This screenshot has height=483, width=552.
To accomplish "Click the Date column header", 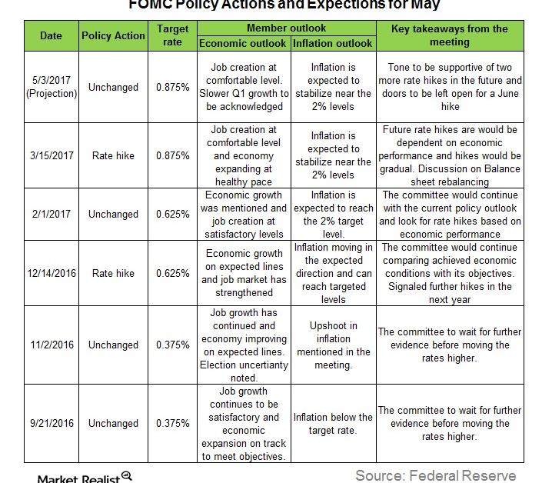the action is [51, 35].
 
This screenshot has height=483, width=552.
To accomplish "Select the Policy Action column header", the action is [113, 35].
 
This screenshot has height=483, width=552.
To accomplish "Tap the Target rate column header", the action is [172, 35].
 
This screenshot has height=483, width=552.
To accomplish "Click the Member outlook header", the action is [286, 28].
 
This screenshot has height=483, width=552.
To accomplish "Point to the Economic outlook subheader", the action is [244, 43].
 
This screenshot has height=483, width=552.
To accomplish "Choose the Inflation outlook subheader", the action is [333, 43].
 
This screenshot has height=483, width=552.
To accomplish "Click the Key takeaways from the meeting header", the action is [449, 35].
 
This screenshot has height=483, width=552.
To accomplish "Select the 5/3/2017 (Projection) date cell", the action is [51, 87].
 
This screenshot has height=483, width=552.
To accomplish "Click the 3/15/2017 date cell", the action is [51, 155].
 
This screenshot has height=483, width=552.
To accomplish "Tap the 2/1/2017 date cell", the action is [51, 215].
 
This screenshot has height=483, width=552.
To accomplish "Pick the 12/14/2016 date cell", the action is [51, 273].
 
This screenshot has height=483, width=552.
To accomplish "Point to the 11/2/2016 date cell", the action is [51, 345].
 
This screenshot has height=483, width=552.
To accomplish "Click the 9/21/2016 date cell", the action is [51, 423].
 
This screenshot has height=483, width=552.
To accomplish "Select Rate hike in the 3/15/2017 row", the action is [113, 155].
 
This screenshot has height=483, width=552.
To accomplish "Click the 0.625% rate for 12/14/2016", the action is [172, 273].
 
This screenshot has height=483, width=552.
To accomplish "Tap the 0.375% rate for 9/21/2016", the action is [172, 423].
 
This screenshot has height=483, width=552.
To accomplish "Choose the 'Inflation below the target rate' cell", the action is [333, 423].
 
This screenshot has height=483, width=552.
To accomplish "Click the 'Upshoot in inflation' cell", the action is [333, 345].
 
